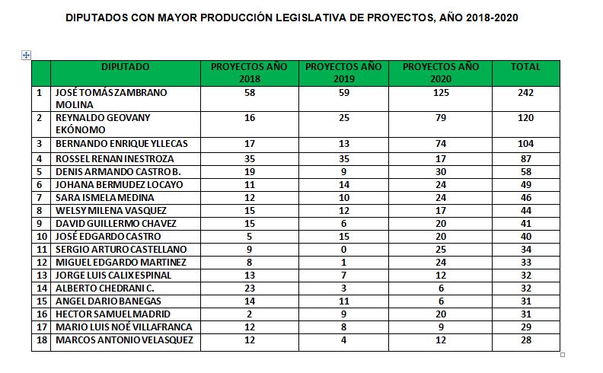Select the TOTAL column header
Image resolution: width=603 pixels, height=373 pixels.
pyautogui.click(x=525, y=67)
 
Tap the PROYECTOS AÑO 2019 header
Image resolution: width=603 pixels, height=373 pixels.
pyautogui.click(x=343, y=72)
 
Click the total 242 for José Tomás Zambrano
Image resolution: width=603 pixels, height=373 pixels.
pyautogui.click(x=525, y=93)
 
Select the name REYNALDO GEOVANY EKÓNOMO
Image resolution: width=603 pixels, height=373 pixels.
pyautogui.click(x=104, y=123)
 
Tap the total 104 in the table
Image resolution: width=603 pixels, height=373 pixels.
pyautogui.click(x=525, y=144)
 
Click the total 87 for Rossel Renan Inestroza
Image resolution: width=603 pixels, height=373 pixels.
pyautogui.click(x=525, y=159)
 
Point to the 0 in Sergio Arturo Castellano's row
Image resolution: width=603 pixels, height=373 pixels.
pyautogui.click(x=343, y=249)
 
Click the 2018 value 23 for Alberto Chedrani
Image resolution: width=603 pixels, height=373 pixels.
pyautogui.click(x=249, y=288)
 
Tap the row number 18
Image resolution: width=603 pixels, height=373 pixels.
pyautogui.click(x=40, y=340)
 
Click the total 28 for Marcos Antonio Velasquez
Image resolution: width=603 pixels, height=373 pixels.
pyautogui.click(x=525, y=340)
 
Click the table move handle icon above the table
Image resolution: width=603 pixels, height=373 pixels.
pyautogui.click(x=27, y=55)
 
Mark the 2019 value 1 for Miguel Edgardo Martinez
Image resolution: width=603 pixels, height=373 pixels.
pyautogui.click(x=343, y=262)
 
